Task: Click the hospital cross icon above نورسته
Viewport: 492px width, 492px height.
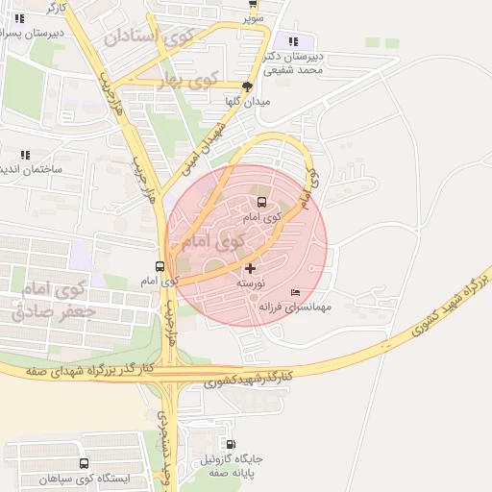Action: [x=251, y=268]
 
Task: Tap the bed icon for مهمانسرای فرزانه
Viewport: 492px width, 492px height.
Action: [x=295, y=292]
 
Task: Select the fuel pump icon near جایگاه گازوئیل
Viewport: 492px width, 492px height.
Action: [x=230, y=444]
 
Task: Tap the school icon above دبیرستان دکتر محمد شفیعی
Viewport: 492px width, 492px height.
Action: [x=293, y=41]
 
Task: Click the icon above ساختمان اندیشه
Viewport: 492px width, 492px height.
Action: [x=25, y=154]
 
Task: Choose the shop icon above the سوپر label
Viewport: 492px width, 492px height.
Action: [x=253, y=4]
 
